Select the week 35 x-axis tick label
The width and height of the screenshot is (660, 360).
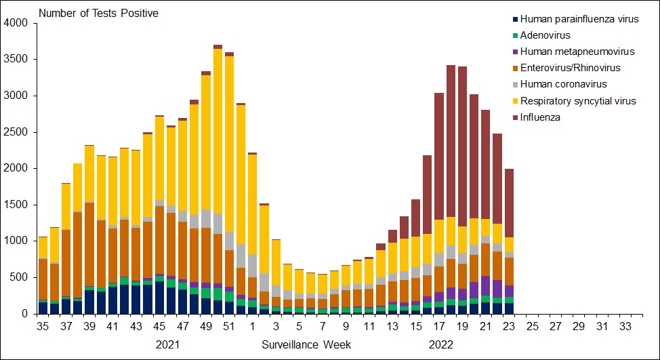42,327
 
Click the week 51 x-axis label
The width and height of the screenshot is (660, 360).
230,327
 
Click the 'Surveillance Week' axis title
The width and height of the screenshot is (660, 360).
306,344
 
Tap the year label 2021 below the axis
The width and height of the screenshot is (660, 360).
168,344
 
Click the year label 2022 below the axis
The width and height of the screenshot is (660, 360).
440,344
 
